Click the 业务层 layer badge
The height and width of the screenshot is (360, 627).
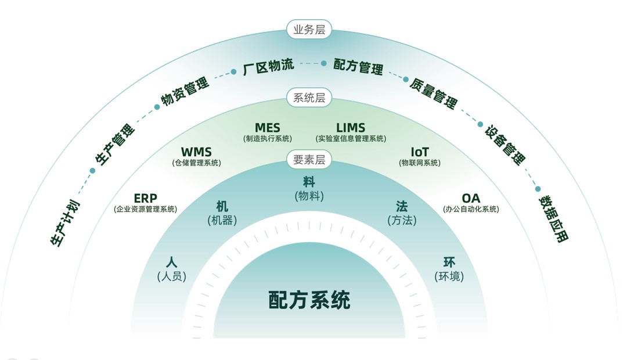tap(309, 30)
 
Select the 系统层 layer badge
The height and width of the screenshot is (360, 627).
tap(309, 98)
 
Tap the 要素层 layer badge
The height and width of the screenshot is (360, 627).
tap(309, 159)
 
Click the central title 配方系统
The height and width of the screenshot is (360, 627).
tap(309, 300)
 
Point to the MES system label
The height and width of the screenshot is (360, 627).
tap(267, 132)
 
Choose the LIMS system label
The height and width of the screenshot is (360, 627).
tap(351, 132)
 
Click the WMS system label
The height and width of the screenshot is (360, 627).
tap(196, 157)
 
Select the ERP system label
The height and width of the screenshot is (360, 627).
tap(145, 203)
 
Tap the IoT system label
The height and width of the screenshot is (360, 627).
tap(420, 157)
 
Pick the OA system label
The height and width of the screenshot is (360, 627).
tap(471, 203)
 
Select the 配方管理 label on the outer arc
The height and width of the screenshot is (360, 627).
tap(358, 67)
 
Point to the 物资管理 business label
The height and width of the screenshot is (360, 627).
tap(185, 91)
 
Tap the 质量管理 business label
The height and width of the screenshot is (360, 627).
tap(433, 92)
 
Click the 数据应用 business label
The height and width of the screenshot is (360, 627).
tap(553, 218)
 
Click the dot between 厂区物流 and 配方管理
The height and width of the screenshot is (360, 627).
tap(324, 63)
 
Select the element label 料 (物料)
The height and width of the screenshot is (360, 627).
tap(309, 189)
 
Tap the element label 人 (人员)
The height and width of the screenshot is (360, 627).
tap(171, 269)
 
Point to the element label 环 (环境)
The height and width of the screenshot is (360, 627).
tap(449, 269)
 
